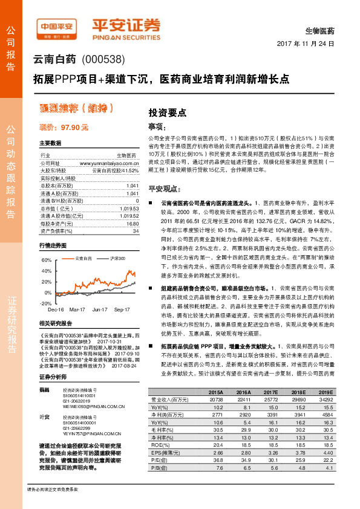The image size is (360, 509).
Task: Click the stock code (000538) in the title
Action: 102,60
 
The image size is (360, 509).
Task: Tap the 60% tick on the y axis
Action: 46,260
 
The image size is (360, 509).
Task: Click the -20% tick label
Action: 45,303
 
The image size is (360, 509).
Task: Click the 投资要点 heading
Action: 168,112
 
